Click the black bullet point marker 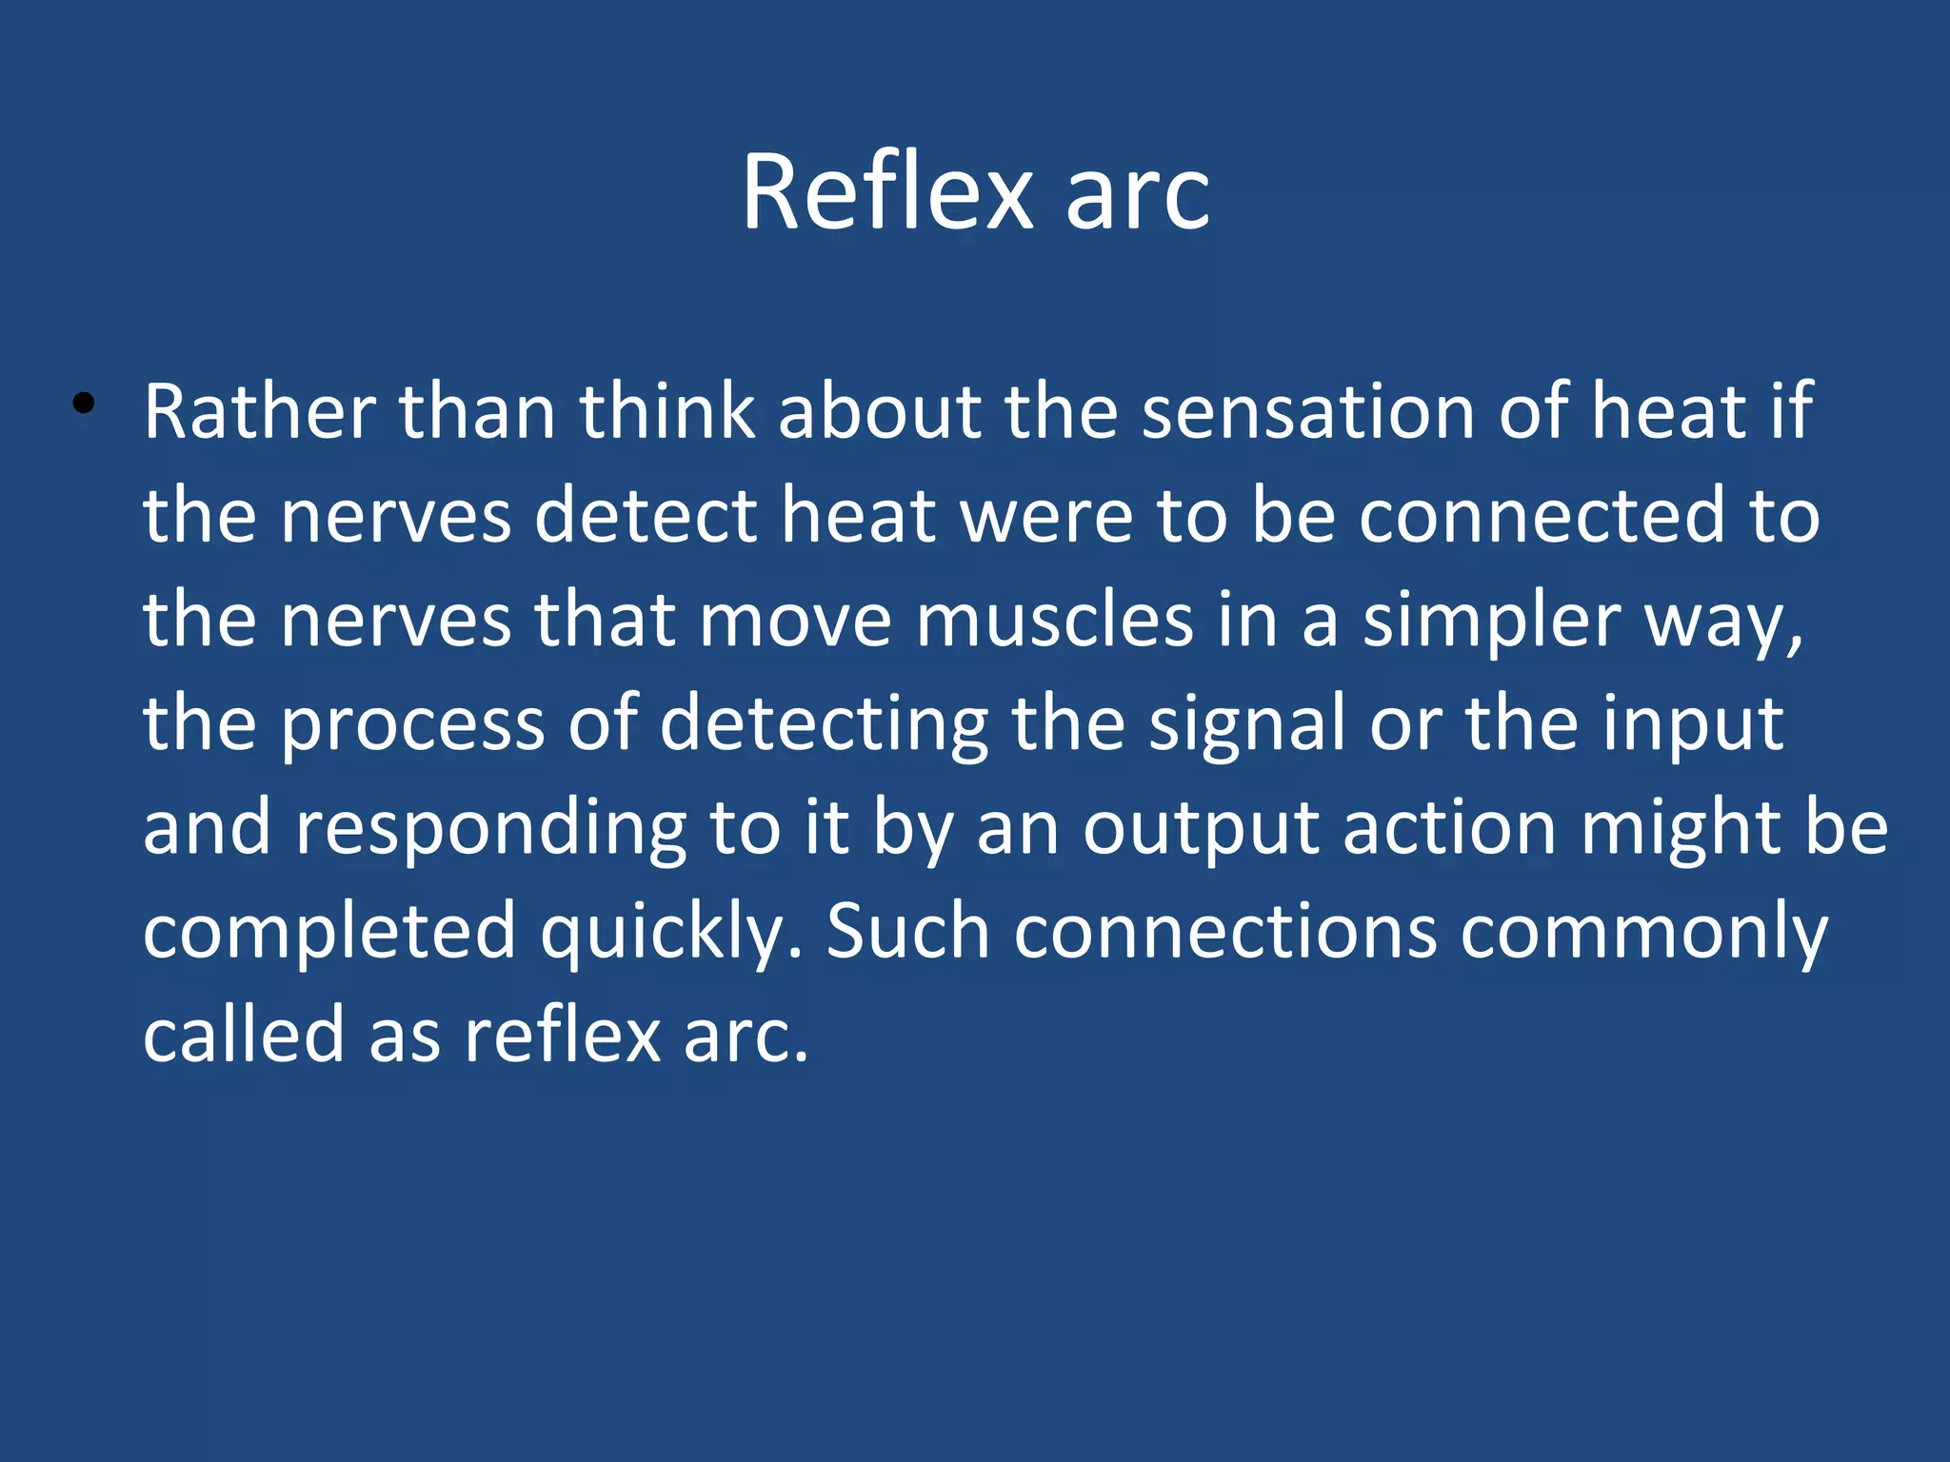84,404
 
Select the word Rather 260,412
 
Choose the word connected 1542,516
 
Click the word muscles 1054,621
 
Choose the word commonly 1643,934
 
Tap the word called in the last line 243,1035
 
